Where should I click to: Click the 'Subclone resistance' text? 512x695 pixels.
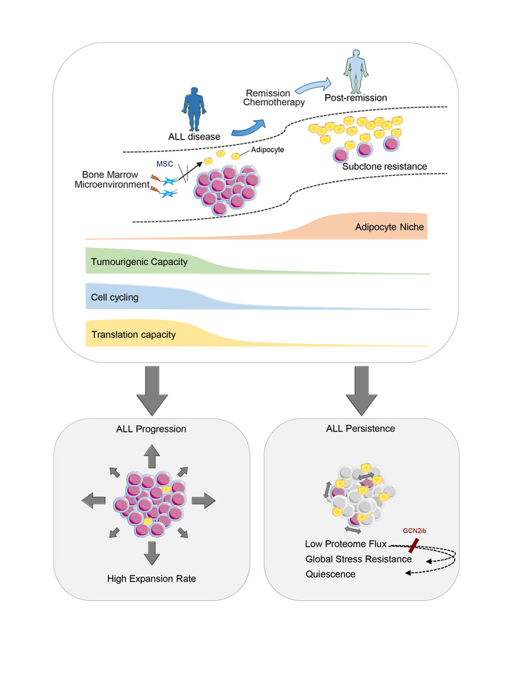(385, 167)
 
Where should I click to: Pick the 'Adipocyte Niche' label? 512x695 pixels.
(389, 227)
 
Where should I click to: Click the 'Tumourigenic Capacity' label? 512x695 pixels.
(139, 261)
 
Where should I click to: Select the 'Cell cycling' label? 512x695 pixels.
(115, 298)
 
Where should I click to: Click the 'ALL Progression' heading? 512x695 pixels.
(151, 429)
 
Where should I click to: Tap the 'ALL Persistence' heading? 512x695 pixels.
(361, 429)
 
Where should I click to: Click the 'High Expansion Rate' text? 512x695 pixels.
(151, 578)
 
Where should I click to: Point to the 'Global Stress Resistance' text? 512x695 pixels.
(358, 558)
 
